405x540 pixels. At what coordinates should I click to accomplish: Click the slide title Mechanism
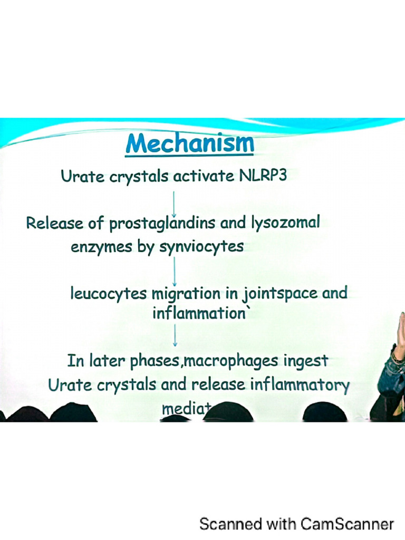[x=189, y=144]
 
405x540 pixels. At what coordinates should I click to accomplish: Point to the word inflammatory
[x=300, y=384]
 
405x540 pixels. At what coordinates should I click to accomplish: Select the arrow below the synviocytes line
[x=174, y=270]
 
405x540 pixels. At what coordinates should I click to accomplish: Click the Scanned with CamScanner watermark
[x=296, y=524]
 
